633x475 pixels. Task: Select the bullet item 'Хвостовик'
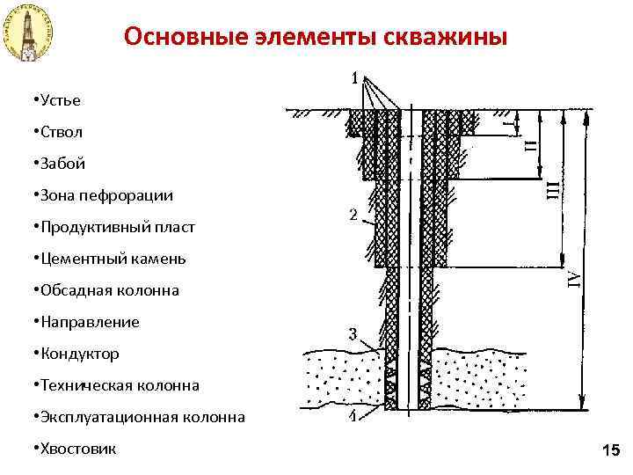click(76, 449)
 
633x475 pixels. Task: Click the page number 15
click(611, 451)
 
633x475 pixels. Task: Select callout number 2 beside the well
click(353, 215)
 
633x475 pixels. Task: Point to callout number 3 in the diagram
click(353, 333)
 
